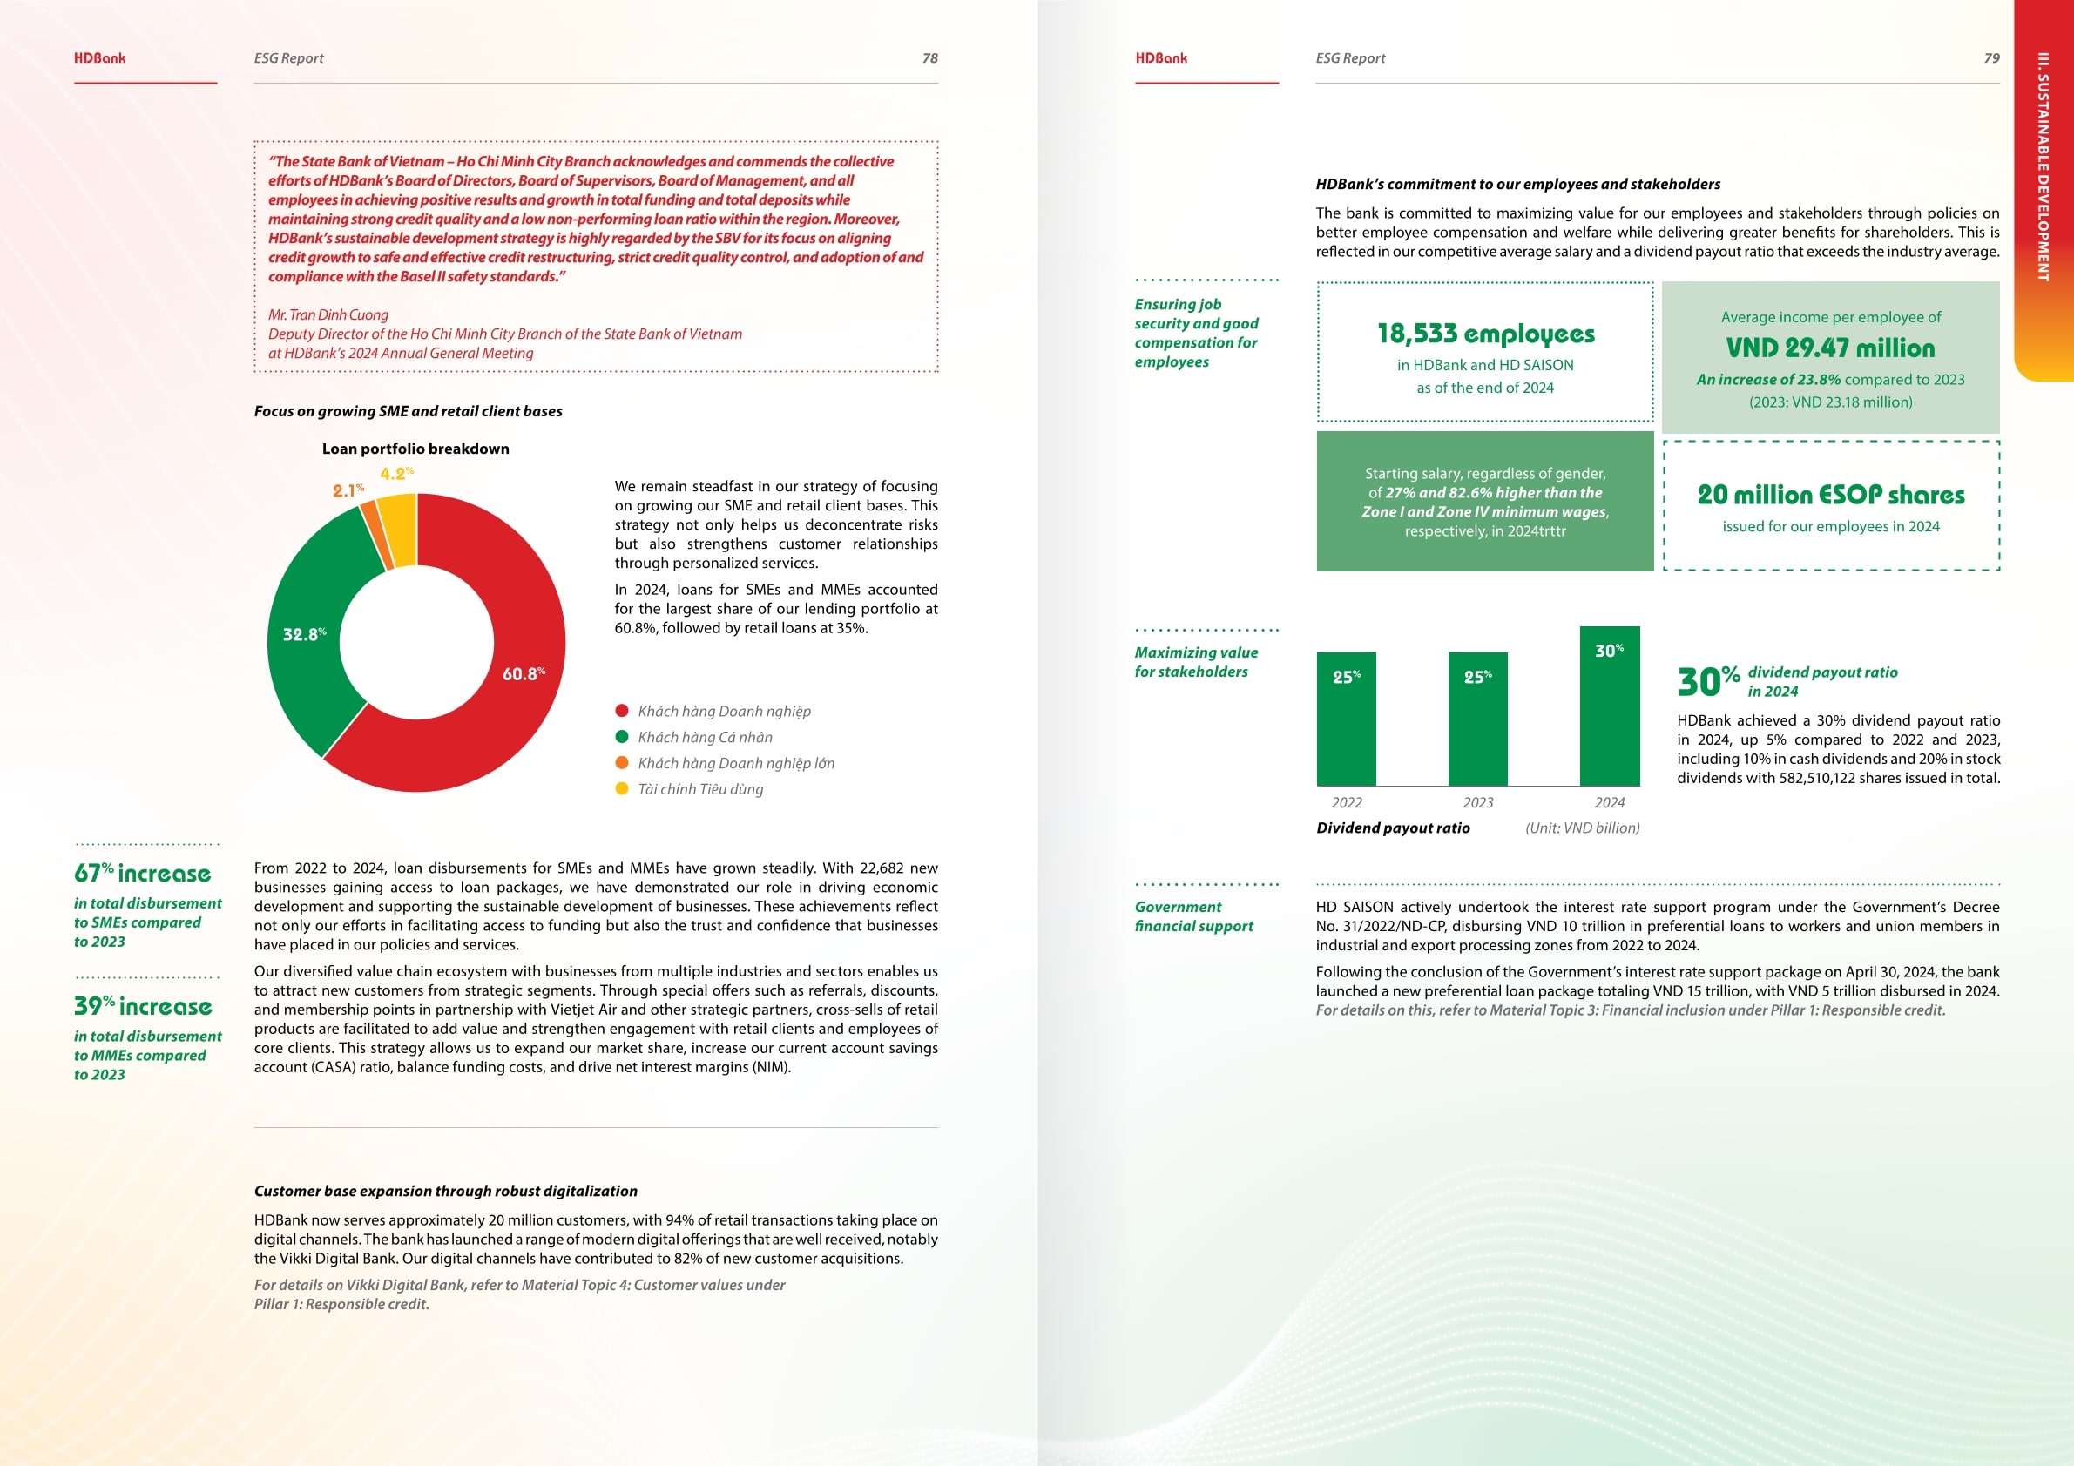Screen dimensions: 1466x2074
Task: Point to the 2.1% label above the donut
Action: pyautogui.click(x=348, y=490)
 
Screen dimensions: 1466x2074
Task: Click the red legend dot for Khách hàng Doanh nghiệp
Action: pyautogui.click(x=621, y=711)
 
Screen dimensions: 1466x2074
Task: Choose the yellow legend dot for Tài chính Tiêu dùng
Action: pyautogui.click(x=621, y=788)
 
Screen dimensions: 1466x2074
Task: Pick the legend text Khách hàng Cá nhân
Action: pyautogui.click(x=705, y=737)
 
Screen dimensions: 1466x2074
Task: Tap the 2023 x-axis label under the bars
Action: pyautogui.click(x=1478, y=802)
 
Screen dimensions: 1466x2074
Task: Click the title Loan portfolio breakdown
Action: pyautogui.click(x=415, y=449)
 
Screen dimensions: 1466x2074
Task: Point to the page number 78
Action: pyautogui.click(x=929, y=57)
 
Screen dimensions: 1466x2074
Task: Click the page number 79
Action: pyautogui.click(x=1991, y=57)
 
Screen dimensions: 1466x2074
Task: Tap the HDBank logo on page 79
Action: pyautogui.click(x=1161, y=57)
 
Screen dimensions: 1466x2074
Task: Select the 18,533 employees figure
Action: pyautogui.click(x=1485, y=334)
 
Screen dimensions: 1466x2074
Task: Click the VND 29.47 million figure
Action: pyautogui.click(x=1830, y=348)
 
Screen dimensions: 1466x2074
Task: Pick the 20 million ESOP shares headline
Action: pyautogui.click(x=1830, y=495)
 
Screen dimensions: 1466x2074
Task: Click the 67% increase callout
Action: pyautogui.click(x=143, y=874)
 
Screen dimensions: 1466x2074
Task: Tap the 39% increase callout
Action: pyautogui.click(x=143, y=1006)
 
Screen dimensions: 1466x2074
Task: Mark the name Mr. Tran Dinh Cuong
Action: pyautogui.click(x=328, y=314)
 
